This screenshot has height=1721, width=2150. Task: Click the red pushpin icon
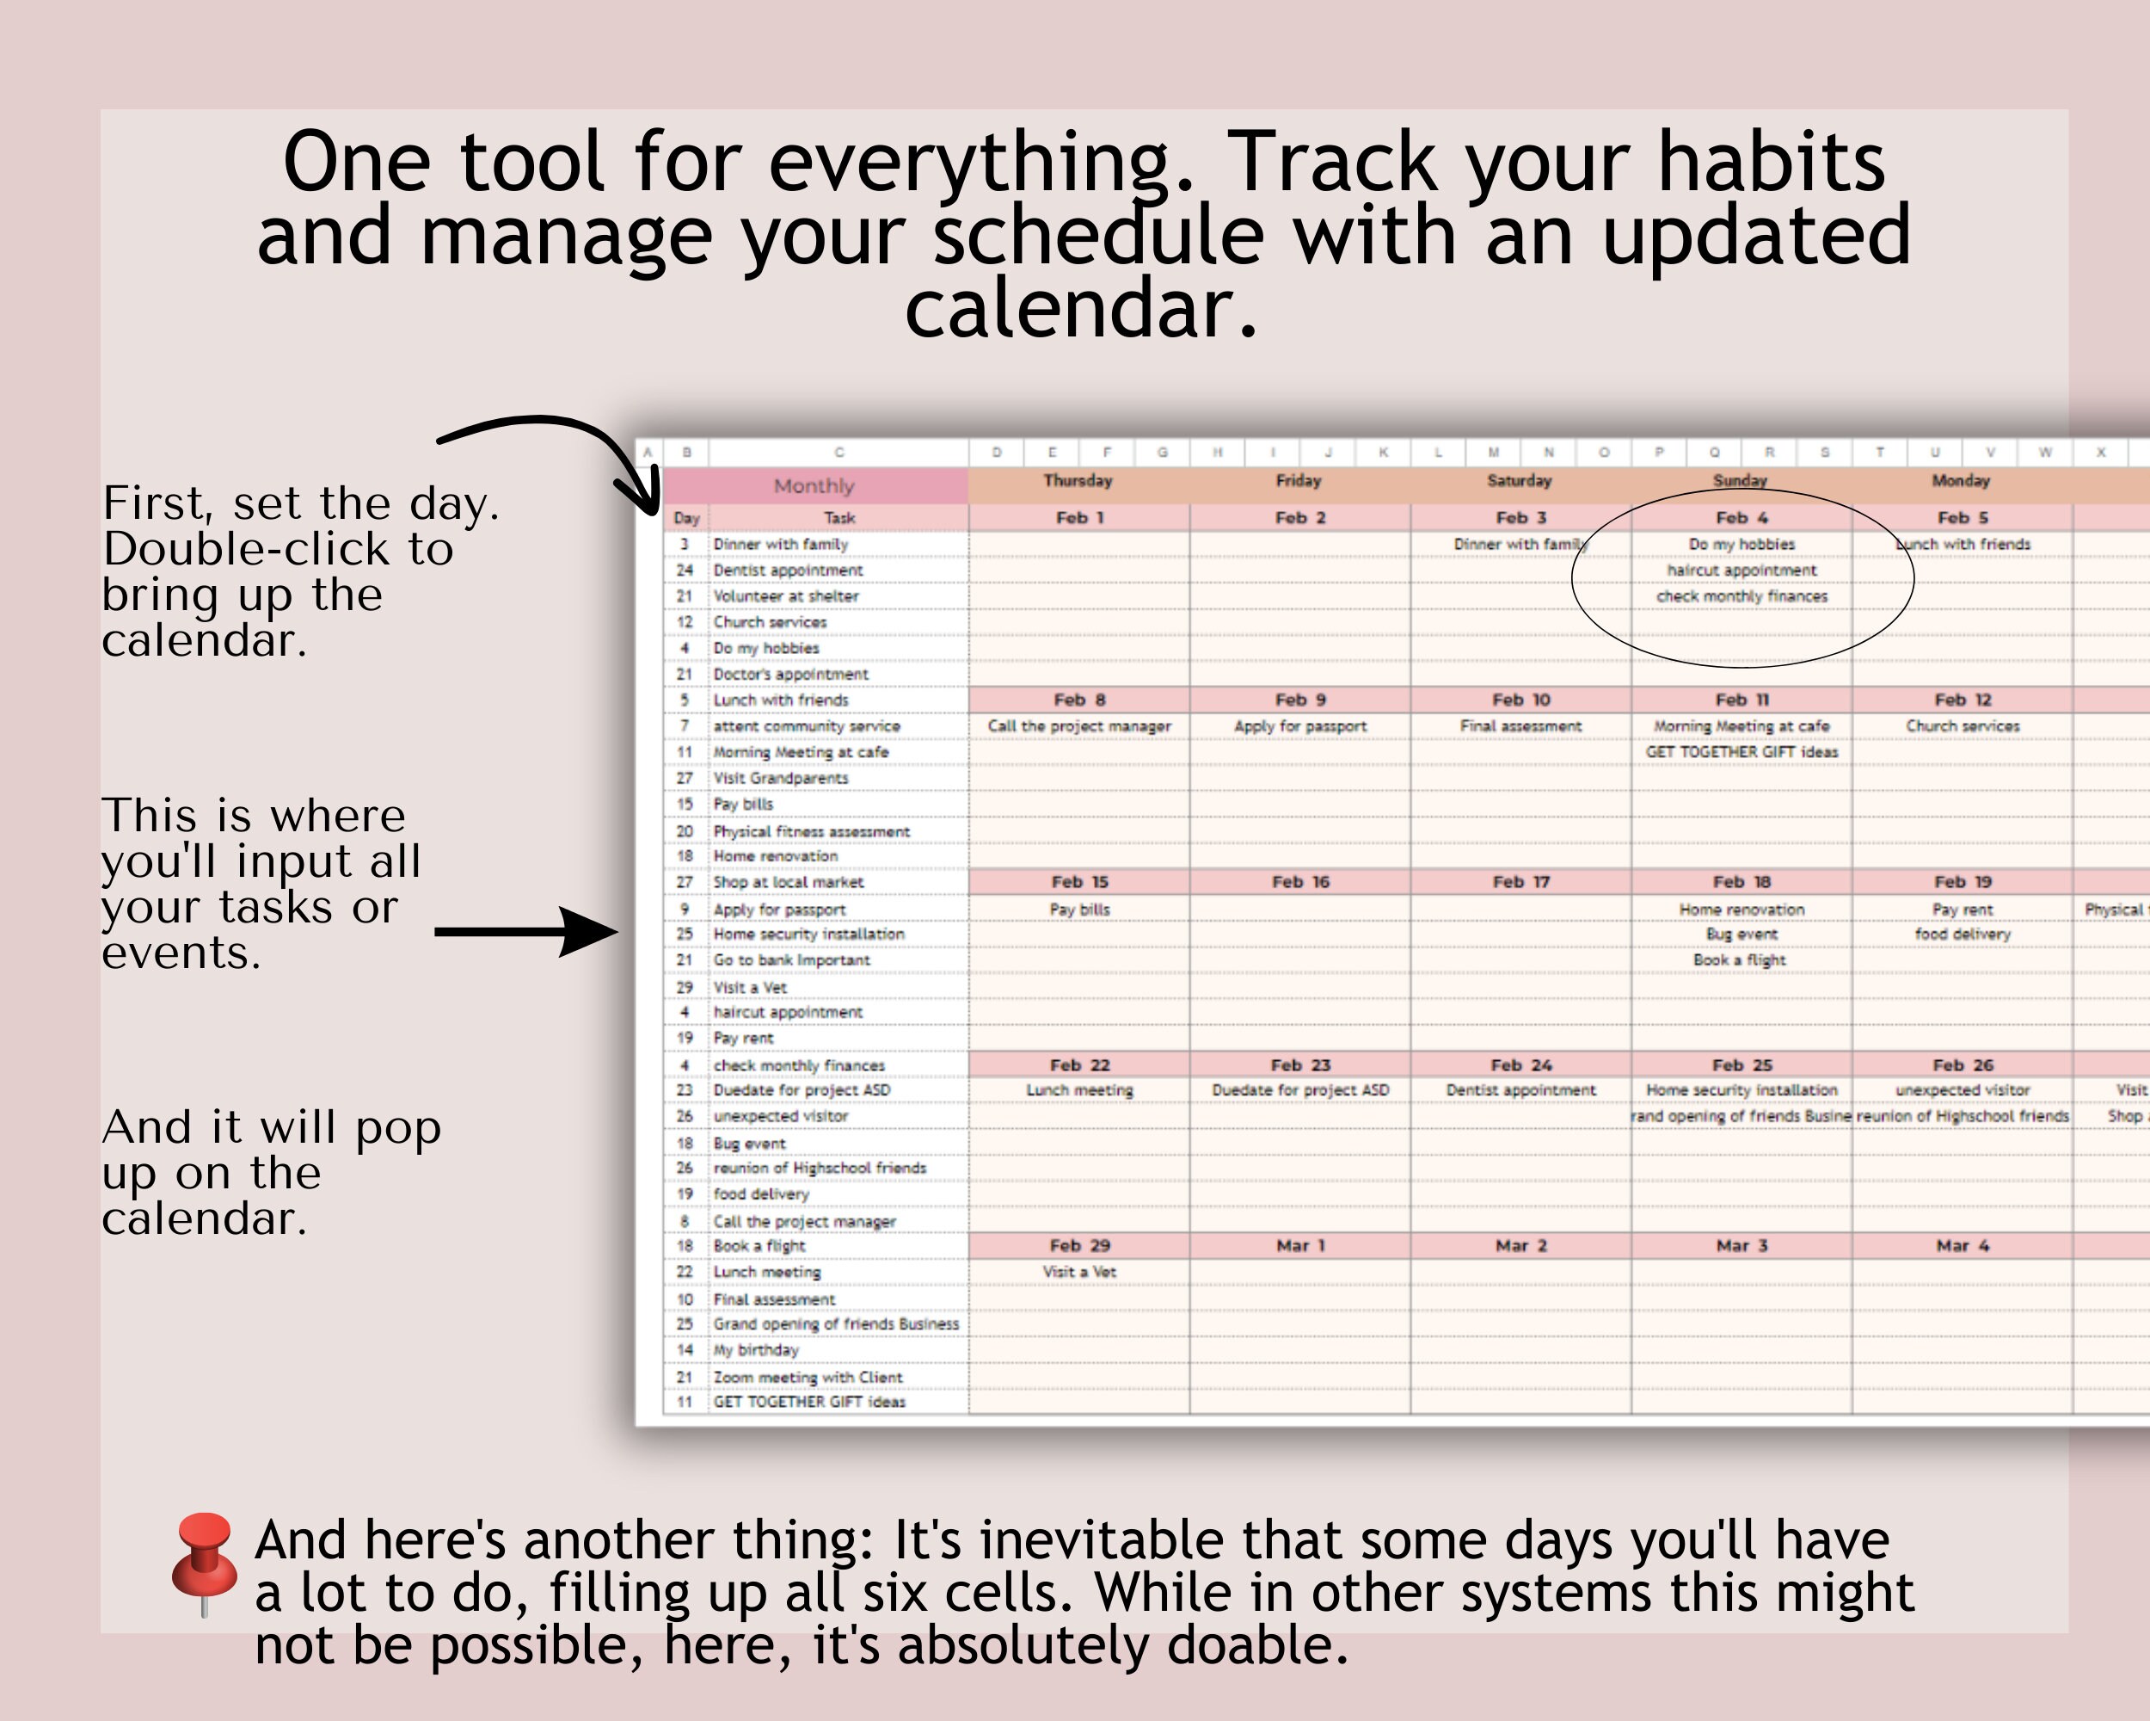(x=205, y=1557)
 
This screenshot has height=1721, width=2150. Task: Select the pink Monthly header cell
(x=814, y=486)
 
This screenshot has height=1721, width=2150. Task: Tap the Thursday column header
(x=1078, y=481)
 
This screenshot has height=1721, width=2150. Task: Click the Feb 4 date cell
(x=1741, y=518)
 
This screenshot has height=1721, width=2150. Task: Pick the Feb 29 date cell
(x=1079, y=1246)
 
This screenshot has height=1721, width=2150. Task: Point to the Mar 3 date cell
(x=1741, y=1246)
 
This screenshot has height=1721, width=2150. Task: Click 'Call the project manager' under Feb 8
(x=1079, y=726)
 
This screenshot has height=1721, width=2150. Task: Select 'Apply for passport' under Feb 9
(x=1300, y=726)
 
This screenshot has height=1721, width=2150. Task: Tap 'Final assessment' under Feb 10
(x=1520, y=726)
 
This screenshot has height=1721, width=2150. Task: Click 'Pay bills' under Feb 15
(x=1079, y=910)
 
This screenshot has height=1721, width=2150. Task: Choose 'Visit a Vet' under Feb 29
(x=1079, y=1272)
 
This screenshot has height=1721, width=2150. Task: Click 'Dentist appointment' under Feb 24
(x=1520, y=1090)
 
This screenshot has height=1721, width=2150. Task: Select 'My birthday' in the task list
(x=756, y=1350)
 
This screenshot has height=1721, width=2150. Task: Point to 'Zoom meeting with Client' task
(x=808, y=1378)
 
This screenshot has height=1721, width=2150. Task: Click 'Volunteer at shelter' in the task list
(x=786, y=596)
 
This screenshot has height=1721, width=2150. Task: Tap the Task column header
(x=838, y=518)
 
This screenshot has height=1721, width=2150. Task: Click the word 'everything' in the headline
(x=981, y=163)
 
